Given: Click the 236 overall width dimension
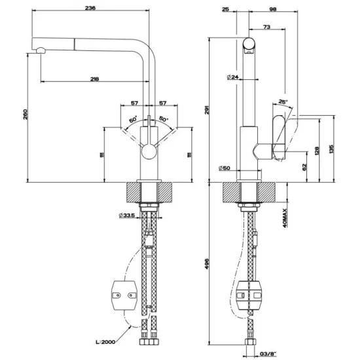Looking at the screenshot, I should [x=91, y=9].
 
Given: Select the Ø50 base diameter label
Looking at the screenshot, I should [x=225, y=169].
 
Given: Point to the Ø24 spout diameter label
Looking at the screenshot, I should [x=232, y=77].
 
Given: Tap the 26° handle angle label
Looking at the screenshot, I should [x=282, y=101].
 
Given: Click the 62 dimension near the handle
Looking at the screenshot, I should [x=304, y=166].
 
